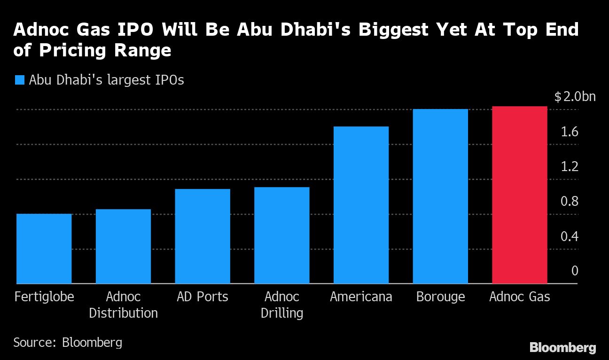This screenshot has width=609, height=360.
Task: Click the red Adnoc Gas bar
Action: (519, 195)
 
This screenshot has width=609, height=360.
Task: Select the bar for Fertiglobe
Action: (44, 249)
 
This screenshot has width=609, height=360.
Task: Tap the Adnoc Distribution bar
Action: (123, 246)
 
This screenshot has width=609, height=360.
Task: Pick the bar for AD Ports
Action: (203, 236)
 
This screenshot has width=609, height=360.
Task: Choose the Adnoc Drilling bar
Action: (282, 235)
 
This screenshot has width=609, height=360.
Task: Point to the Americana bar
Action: (361, 205)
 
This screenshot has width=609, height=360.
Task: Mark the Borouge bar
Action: (440, 196)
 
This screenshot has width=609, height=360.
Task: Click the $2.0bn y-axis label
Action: (575, 97)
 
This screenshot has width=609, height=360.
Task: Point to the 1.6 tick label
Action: (569, 132)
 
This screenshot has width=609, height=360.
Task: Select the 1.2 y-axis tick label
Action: (569, 167)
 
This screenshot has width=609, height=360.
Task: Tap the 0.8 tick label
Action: (569, 202)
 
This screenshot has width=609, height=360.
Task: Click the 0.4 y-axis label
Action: (569, 236)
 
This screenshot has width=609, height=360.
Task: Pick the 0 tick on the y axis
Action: (575, 271)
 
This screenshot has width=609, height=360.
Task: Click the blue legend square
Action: (19, 80)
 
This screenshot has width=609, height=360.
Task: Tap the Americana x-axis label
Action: (361, 297)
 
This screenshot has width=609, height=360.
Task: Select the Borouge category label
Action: (440, 297)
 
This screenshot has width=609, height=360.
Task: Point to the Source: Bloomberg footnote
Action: (68, 342)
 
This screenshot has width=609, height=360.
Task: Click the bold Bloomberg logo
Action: (562, 348)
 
